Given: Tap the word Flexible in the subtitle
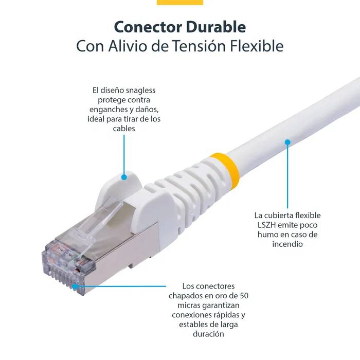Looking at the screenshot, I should tap(256, 46).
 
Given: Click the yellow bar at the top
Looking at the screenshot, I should tap(179, 2).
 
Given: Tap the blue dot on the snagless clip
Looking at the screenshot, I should tap(124, 177).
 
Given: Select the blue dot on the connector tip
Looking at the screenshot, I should tap(75, 286).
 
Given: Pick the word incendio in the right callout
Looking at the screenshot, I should tap(287, 244).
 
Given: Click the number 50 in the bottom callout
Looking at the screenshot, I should tap(245, 296).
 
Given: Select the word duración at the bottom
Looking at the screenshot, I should tap(208, 334).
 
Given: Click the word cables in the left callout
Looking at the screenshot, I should tap(124, 129).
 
